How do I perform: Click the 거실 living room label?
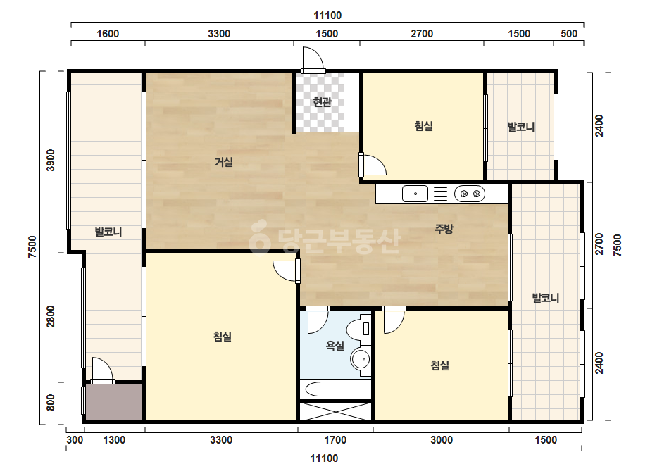click(223, 162)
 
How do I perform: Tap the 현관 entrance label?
click(322, 101)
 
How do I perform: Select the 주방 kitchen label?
click(444, 228)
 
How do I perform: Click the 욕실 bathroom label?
click(335, 346)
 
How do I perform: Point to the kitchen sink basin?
click(415, 194)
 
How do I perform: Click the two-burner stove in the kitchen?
click(470, 194)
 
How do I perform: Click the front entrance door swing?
click(313, 60)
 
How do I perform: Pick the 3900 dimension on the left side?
click(51, 160)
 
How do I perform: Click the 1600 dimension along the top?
click(108, 34)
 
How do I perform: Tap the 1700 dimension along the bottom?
click(335, 440)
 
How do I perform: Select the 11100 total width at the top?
click(327, 15)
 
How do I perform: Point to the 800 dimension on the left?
click(51, 402)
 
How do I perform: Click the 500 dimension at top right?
click(569, 34)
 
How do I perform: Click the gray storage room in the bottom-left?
click(114, 401)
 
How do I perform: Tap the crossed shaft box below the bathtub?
click(335, 411)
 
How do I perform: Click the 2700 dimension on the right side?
click(599, 244)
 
